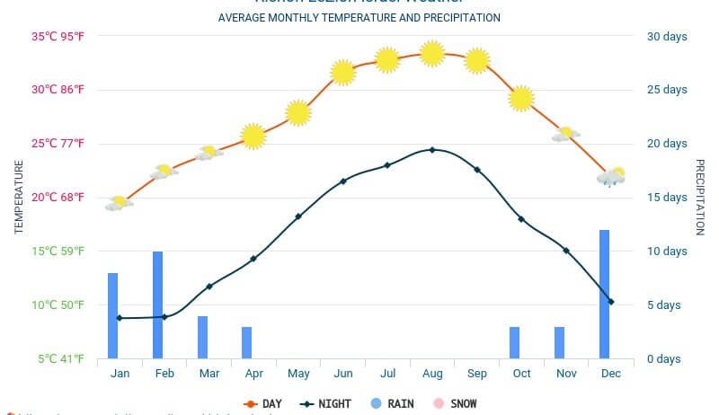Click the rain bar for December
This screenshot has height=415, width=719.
point(605,295)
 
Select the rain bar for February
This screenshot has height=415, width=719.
point(157,305)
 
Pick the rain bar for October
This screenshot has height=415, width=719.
point(515,342)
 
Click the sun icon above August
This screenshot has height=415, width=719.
point(432,54)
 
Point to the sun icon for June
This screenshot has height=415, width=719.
point(342,73)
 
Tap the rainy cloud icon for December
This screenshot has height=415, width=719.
point(611,177)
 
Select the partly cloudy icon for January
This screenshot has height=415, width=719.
point(119,204)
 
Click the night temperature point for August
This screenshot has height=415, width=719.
point(432,150)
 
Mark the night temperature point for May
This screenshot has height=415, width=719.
point(298,216)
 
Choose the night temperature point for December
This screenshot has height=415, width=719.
point(611,302)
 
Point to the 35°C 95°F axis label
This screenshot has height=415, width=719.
point(58,37)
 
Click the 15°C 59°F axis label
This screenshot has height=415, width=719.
point(58,252)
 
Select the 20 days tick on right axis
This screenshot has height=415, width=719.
point(667,144)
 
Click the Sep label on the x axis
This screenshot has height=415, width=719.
point(477,374)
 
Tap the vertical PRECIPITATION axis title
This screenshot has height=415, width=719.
point(700,198)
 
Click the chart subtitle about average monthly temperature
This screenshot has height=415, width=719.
point(359,18)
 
